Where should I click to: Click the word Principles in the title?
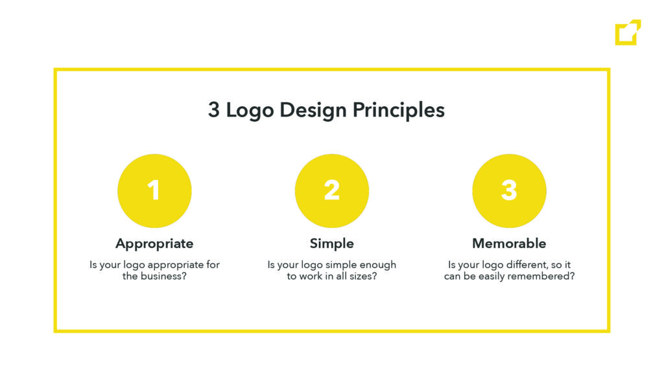coord(399,110)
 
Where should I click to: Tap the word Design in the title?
coord(313,110)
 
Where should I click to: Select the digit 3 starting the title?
coord(214,109)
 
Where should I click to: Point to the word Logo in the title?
coord(250,110)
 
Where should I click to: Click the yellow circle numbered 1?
coord(154,191)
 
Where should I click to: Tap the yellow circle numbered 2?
coord(332,191)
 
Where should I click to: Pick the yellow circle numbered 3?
coord(510,191)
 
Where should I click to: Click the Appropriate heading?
coord(154,244)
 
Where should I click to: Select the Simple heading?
coord(332,244)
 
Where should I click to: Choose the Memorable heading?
coord(510,243)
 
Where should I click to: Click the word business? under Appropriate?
coord(163,276)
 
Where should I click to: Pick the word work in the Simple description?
coord(311,276)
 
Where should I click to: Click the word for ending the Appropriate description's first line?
coord(213,265)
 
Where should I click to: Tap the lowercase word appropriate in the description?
coord(176,266)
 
